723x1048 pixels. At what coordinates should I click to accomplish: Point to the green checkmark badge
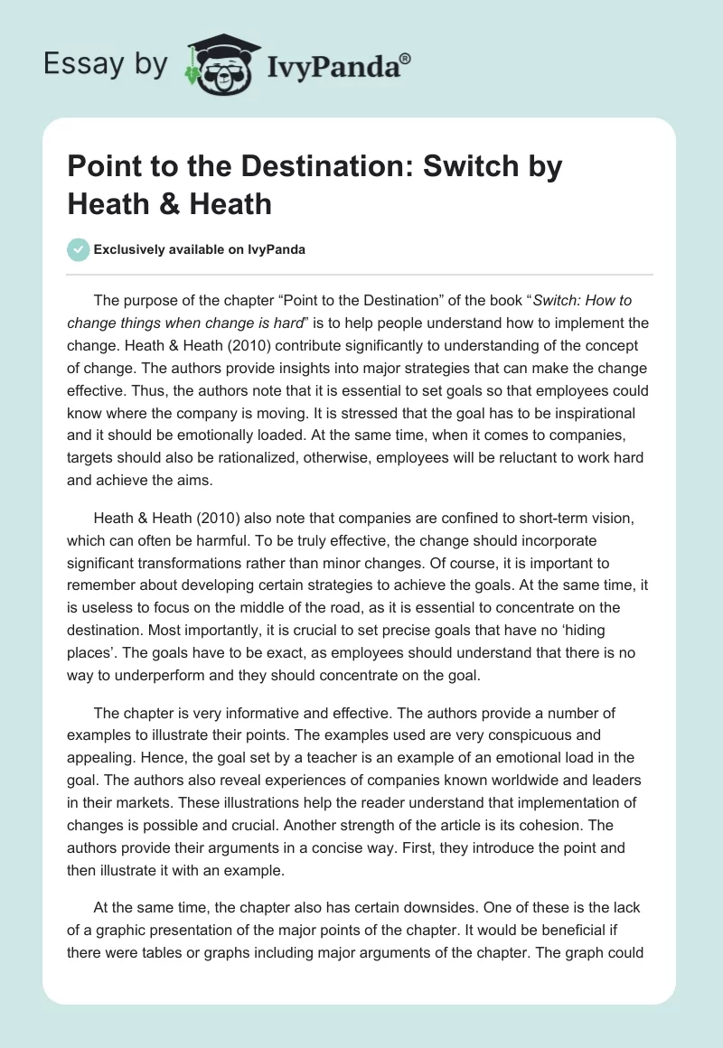click(x=78, y=249)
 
